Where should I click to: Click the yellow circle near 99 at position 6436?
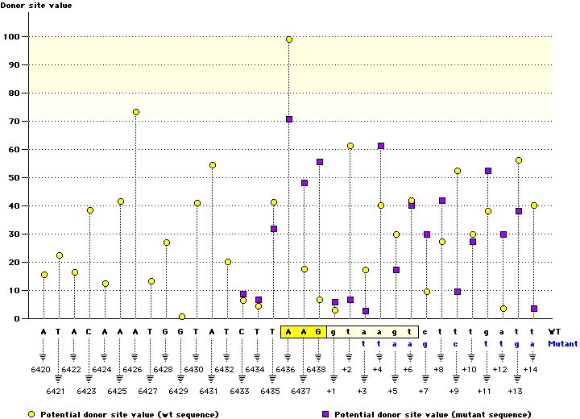click(x=289, y=39)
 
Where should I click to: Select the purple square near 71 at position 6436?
click(x=289, y=119)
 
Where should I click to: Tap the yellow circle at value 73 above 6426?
click(x=136, y=112)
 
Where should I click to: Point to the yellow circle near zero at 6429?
click(x=182, y=317)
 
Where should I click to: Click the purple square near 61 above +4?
click(x=381, y=146)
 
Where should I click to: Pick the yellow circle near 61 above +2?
click(x=350, y=146)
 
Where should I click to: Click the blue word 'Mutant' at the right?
click(x=561, y=342)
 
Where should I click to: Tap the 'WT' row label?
click(x=555, y=331)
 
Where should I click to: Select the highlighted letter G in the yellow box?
click(x=320, y=331)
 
